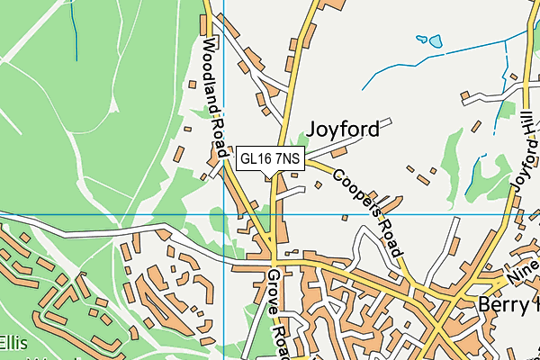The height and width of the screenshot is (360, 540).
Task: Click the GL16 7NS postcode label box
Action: tap(271, 159)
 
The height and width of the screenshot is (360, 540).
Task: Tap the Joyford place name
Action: tap(343, 130)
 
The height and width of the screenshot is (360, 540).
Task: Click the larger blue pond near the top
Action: tap(436, 41)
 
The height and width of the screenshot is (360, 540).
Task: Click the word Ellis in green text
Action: tap(14, 343)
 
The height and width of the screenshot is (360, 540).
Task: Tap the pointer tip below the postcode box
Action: tap(271, 177)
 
